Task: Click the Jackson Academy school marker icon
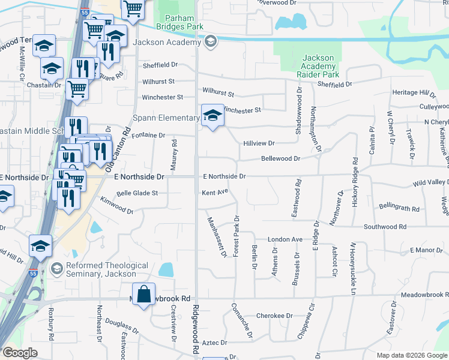point(210,42)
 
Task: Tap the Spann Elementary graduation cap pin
point(211,115)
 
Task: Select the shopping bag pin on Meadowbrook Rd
point(143,294)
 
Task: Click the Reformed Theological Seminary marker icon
point(57,268)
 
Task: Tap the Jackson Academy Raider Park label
point(318,66)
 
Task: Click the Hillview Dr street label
point(259,143)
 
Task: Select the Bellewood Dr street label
point(280,158)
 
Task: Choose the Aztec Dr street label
point(215,343)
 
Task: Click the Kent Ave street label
point(215,192)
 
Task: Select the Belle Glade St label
point(137,193)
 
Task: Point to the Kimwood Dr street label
point(116,205)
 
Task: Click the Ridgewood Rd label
point(196,330)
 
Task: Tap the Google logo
point(19,353)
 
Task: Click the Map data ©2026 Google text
point(412,355)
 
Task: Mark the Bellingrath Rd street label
point(399,208)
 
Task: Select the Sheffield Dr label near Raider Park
point(335,85)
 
